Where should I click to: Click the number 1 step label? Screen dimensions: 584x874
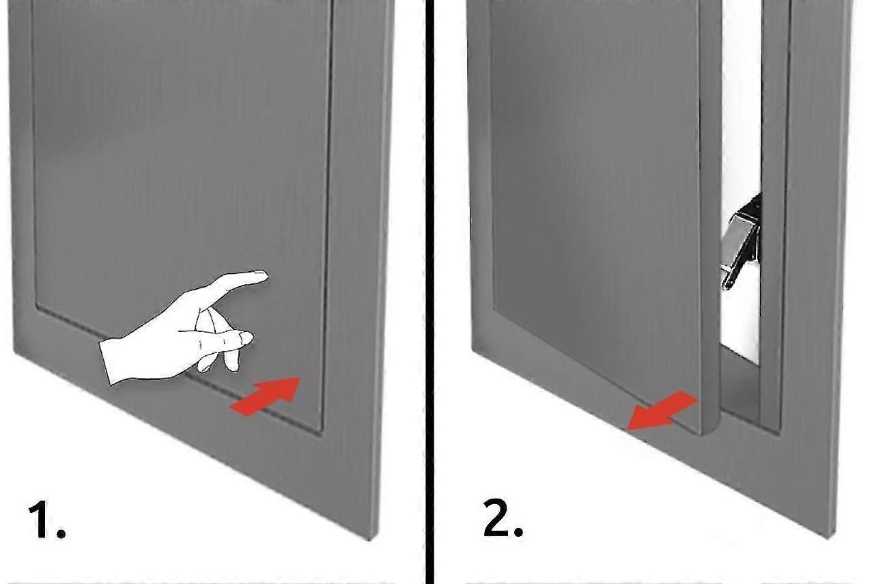point(41,520)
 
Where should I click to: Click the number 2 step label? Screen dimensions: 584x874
point(496,520)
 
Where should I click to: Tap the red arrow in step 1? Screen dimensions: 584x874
point(266,396)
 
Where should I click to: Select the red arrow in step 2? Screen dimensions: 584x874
point(661,412)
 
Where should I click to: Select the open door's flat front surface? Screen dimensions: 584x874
point(594,205)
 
